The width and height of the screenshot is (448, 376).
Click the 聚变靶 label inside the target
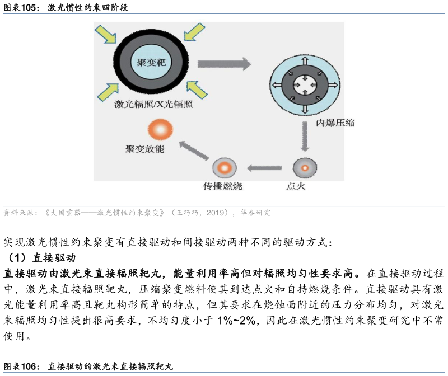click(151, 62)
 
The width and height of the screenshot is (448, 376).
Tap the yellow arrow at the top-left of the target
click(105, 34)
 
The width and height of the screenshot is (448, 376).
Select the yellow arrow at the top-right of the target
click(194, 32)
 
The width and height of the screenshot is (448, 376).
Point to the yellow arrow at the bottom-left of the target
click(108, 92)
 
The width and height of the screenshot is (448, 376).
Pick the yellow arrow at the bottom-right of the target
click(197, 90)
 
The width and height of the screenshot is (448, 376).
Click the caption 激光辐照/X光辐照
click(153, 104)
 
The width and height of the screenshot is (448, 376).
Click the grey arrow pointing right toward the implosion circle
click(225, 64)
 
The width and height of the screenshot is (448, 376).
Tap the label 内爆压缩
click(335, 123)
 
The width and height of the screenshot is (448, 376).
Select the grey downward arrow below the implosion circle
click(305, 137)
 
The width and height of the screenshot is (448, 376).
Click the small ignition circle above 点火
click(305, 168)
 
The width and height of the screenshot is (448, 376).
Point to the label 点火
click(296, 186)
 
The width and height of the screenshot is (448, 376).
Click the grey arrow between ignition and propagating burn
click(264, 168)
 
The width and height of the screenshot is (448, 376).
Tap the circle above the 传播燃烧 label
click(225, 168)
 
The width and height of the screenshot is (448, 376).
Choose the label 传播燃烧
click(222, 186)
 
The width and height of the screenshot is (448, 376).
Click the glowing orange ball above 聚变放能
click(160, 130)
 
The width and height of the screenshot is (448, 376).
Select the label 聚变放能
click(145, 149)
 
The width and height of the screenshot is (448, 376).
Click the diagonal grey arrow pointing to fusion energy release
click(194, 151)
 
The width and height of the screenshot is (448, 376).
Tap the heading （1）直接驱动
click(40, 258)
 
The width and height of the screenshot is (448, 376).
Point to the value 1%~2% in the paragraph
click(236, 321)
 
